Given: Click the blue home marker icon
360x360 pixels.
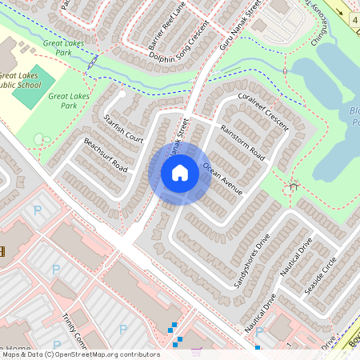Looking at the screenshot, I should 180,174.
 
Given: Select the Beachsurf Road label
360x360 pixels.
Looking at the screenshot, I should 106,154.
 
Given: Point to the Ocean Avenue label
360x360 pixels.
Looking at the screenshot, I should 222,178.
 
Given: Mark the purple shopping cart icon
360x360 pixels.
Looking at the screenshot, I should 194,351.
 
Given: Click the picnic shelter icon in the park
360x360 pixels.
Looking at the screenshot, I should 293,187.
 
